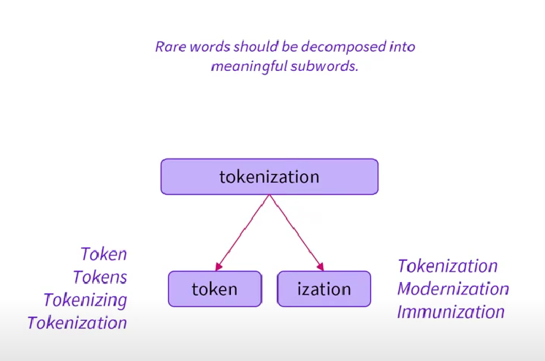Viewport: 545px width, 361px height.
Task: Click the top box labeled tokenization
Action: (269, 177)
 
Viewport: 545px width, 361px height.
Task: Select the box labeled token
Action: (215, 289)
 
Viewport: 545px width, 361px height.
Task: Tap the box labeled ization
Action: (324, 289)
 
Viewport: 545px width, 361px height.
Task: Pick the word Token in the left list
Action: (104, 254)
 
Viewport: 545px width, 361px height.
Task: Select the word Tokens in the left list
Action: (100, 277)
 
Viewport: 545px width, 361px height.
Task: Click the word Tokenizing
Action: (85, 300)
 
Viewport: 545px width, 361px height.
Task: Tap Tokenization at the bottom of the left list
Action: (77, 322)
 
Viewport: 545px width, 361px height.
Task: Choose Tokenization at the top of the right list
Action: (447, 266)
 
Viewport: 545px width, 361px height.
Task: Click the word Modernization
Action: (453, 289)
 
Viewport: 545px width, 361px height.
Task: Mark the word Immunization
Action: (451, 312)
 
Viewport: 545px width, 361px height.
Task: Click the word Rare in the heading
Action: (171, 46)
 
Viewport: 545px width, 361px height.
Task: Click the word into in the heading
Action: (401, 46)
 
